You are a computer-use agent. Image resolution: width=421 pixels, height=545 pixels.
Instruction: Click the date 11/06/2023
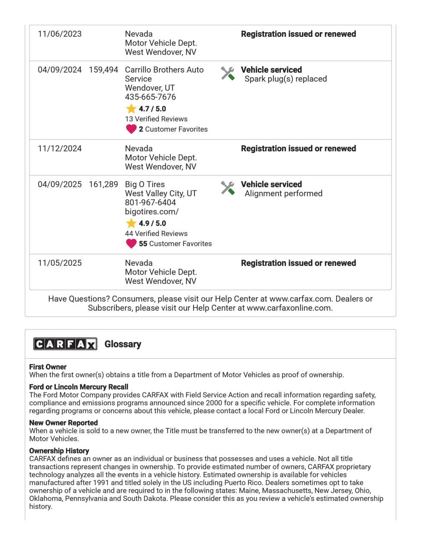[59, 34]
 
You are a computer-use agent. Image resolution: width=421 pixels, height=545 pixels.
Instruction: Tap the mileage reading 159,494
[104, 70]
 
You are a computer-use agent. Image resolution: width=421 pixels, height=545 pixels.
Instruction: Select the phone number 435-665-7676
[150, 97]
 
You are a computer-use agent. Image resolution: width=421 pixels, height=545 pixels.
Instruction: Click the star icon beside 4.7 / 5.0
[131, 109]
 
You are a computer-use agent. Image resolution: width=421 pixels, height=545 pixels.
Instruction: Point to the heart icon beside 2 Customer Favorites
[131, 129]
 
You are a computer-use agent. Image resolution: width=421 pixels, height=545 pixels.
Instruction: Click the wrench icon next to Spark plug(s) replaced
[228, 74]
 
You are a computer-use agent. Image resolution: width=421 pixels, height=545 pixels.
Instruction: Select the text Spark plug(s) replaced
[286, 79]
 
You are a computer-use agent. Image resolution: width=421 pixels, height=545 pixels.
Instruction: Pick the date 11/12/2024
[59, 149]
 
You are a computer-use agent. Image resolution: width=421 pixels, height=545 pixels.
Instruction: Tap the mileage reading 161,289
[104, 184]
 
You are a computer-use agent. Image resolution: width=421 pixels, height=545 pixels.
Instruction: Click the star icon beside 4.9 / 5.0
[131, 223]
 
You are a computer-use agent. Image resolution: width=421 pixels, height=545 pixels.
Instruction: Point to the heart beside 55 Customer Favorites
[131, 243]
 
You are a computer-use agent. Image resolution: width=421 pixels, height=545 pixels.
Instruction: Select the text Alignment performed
[283, 193]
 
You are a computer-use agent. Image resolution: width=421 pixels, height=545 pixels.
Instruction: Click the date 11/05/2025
[59, 263]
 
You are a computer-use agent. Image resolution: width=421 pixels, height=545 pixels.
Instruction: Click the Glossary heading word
[123, 344]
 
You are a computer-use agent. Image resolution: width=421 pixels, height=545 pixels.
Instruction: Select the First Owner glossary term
[48, 367]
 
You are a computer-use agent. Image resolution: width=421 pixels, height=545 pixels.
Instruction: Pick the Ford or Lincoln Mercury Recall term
[79, 387]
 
